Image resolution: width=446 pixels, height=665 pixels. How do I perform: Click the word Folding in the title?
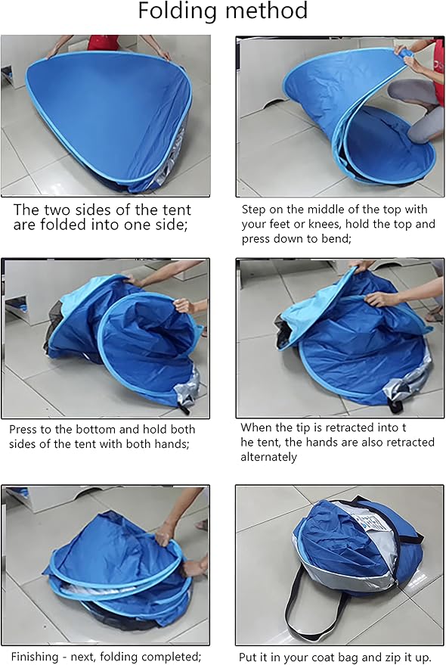coord(178,11)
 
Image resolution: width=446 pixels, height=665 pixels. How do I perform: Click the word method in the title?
coord(267,10)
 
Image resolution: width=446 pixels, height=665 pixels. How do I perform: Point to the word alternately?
coord(269,457)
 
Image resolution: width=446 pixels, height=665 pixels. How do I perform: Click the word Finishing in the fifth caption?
coord(35,657)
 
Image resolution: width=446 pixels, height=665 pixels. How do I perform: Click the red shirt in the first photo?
coord(103,42)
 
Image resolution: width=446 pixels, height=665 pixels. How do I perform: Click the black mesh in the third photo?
coord(54,322)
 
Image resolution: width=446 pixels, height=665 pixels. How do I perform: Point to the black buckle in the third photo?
coord(184,409)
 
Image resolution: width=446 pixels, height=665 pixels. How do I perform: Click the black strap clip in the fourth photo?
coord(395,405)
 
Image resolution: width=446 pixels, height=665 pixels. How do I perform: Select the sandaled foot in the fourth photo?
coord(435,315)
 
